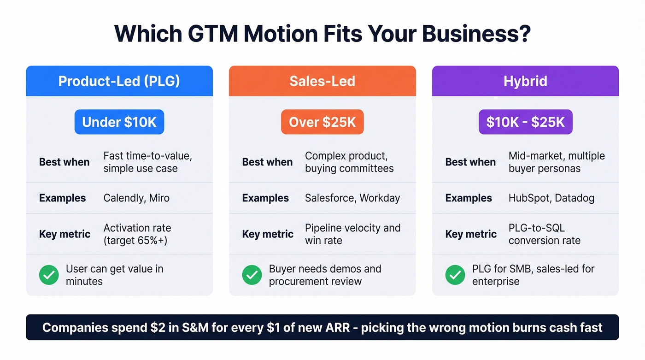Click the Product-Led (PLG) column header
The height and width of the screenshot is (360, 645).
pos(119,81)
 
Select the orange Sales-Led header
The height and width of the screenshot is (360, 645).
pos(322,81)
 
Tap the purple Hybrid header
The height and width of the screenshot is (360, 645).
pos(525,81)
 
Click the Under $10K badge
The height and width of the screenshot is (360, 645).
pos(119,122)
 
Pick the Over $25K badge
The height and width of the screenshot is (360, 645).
pos(322,122)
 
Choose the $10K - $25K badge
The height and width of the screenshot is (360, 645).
pos(525,122)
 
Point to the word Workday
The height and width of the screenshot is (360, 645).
pos(380,198)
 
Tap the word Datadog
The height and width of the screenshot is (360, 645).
pos(575,198)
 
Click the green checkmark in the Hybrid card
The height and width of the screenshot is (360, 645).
pos(455,275)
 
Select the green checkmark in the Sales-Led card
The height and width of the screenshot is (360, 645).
pos(252,275)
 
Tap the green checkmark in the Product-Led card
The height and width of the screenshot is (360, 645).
pos(49,275)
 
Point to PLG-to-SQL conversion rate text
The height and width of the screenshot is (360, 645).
pos(544,234)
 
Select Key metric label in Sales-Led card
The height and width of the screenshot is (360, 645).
pos(268,234)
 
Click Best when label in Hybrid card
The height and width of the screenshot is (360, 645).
pos(470,162)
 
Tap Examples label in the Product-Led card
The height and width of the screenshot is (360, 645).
pos(62,198)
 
